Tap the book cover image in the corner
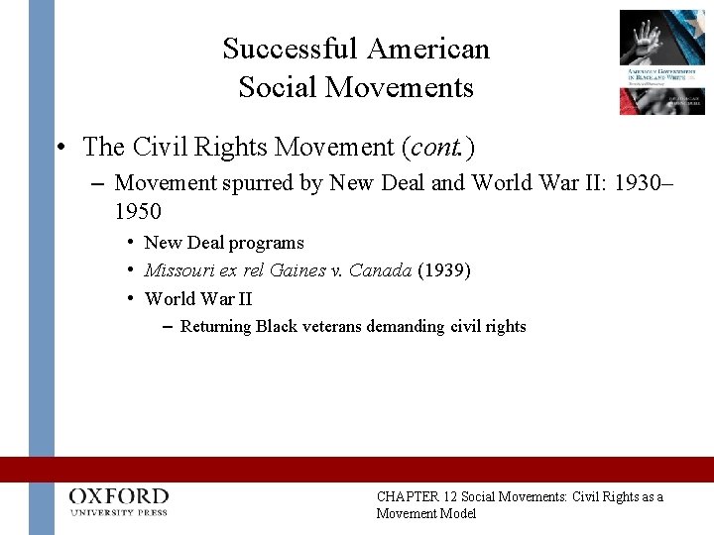pyautogui.click(x=661, y=61)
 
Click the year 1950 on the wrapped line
pyautogui.click(x=138, y=211)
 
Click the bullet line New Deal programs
pyautogui.click(x=224, y=243)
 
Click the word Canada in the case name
pyautogui.click(x=382, y=270)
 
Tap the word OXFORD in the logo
pyautogui.click(x=119, y=495)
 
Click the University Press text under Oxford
pyautogui.click(x=119, y=512)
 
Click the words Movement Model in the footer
pyautogui.click(x=426, y=513)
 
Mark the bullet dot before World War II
pyautogui.click(x=130, y=298)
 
